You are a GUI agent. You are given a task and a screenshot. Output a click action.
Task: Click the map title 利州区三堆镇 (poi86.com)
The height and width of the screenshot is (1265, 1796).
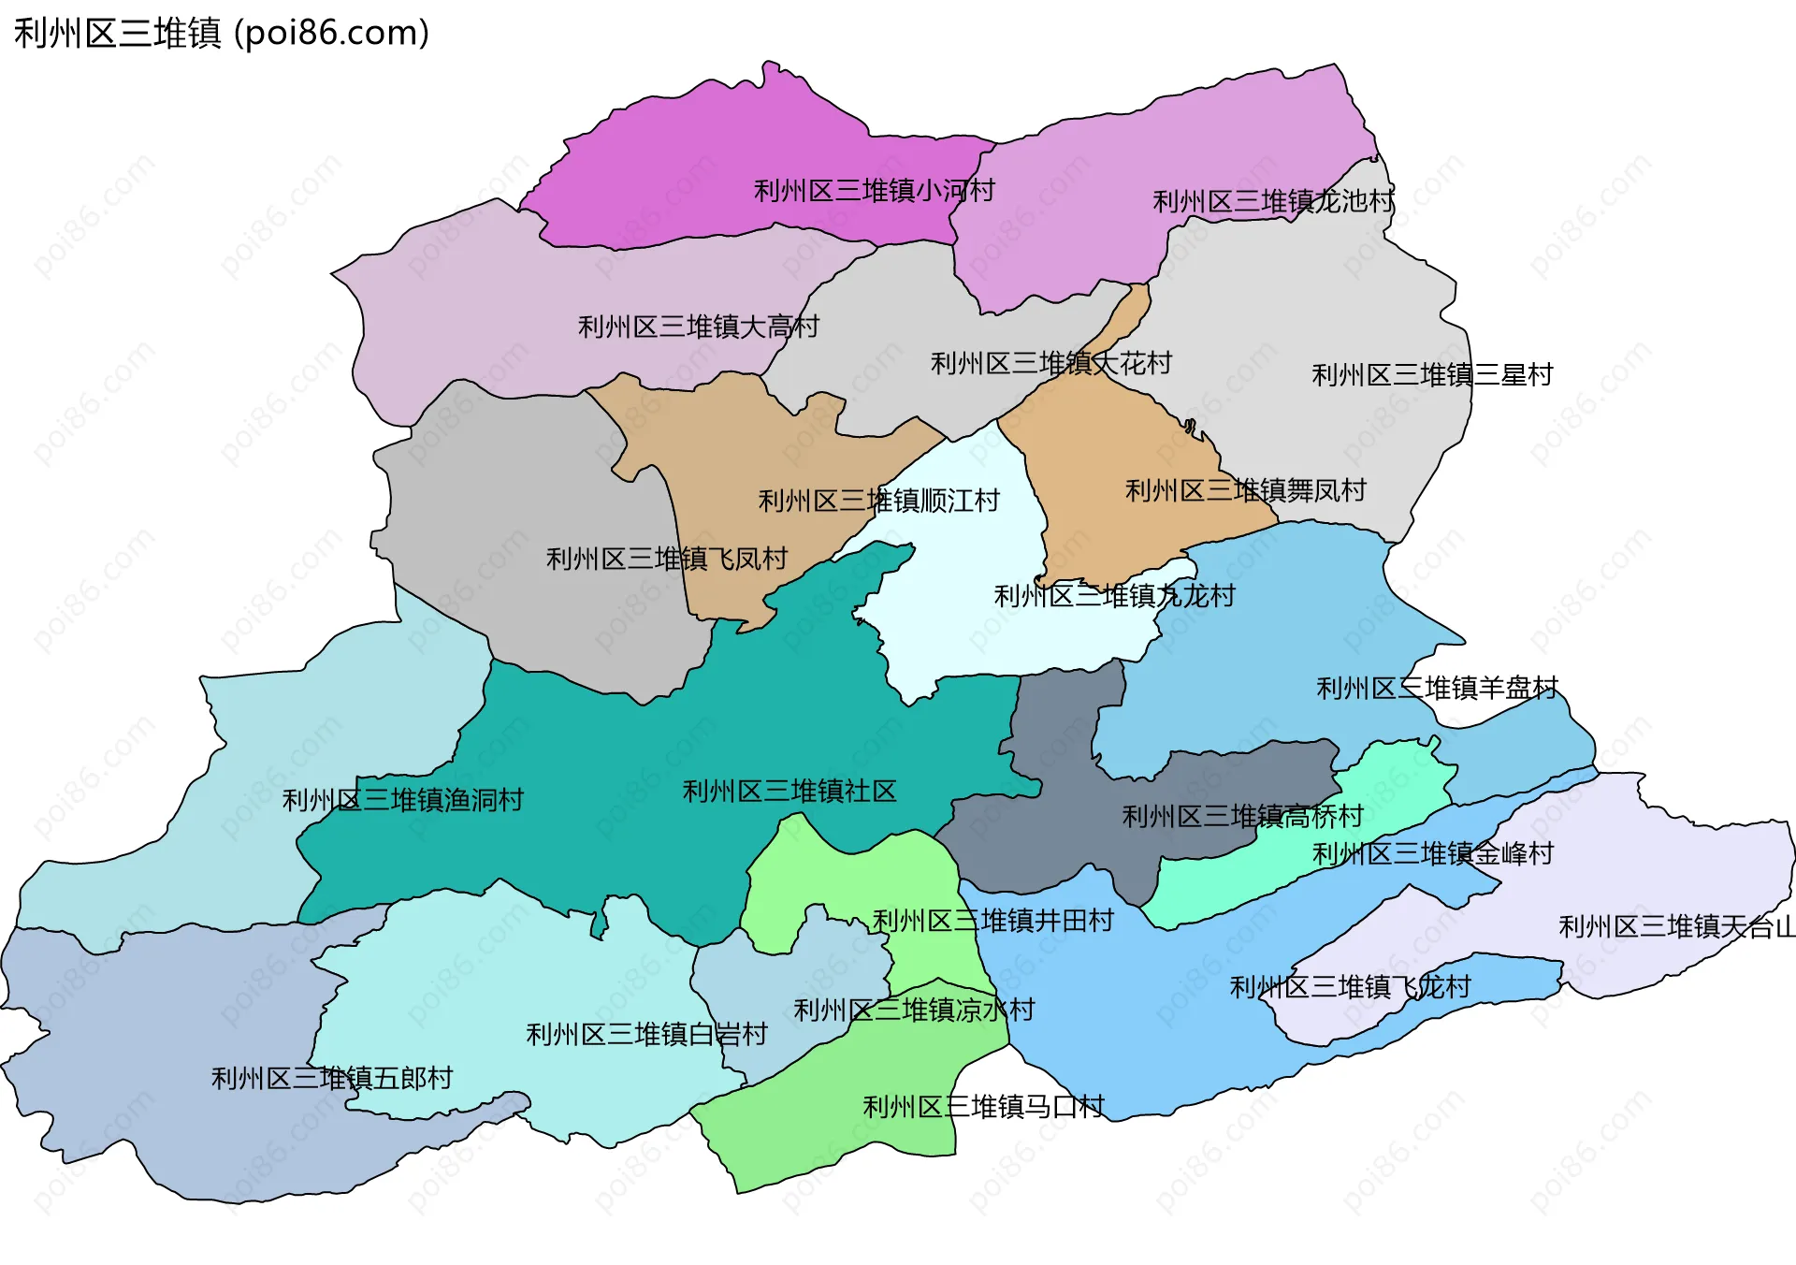coord(222,34)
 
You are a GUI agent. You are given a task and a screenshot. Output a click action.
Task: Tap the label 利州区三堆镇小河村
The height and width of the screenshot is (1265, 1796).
coord(874,191)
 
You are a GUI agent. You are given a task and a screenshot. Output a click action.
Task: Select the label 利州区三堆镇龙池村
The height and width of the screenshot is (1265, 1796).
coord(1272,201)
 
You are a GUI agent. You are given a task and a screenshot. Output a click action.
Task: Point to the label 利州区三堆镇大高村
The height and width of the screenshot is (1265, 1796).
coord(698,327)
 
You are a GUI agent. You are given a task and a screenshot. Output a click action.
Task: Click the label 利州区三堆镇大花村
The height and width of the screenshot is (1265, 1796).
coord(1050,363)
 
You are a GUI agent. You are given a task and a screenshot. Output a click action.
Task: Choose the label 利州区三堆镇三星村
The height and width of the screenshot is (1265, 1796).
coord(1431,375)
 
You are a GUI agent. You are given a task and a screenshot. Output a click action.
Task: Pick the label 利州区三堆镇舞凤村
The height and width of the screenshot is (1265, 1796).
coord(1245,490)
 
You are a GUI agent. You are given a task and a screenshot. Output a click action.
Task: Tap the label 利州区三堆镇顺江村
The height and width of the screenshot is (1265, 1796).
coord(878,501)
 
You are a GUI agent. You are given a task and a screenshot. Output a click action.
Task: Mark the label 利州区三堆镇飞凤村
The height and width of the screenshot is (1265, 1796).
coord(666,559)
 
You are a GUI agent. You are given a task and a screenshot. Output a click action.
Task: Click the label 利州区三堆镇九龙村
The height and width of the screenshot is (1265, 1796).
coord(1113,596)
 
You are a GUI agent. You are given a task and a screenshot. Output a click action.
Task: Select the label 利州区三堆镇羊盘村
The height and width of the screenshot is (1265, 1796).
coord(1437,689)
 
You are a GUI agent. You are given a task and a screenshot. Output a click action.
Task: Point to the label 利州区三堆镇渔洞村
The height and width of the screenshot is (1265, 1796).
coord(402,800)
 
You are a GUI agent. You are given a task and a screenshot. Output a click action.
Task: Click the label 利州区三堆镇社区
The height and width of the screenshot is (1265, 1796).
coord(789,792)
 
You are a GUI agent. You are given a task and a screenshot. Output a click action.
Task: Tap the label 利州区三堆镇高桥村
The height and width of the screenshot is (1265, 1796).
coord(1242,817)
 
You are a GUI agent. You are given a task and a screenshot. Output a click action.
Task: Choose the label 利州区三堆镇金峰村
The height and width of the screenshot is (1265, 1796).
coord(1432,853)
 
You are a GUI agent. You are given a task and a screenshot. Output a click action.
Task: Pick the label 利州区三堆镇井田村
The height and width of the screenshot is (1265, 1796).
coord(992,921)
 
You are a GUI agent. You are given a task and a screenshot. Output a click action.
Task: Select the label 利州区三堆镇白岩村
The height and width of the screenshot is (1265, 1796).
coord(646,1034)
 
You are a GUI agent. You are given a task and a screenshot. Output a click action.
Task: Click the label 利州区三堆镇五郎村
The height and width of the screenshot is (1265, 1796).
coord(332,1078)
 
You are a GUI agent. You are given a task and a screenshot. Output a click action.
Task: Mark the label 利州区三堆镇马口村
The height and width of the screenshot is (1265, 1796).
coord(983,1107)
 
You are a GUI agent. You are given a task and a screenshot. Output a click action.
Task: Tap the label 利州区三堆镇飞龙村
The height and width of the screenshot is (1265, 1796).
coord(1349,987)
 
